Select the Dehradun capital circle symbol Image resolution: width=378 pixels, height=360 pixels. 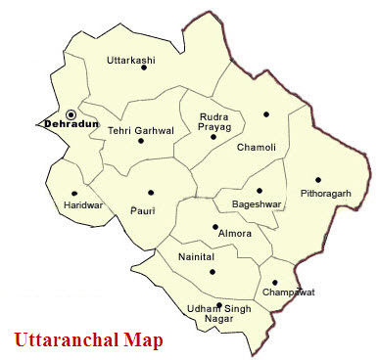pyautogui.click(x=71, y=114)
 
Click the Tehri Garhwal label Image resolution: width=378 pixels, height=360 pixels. pyautogui.click(x=140, y=129)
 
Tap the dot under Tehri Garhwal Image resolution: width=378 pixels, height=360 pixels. pyautogui.click(x=141, y=141)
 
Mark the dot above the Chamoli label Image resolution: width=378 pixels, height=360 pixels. pyautogui.click(x=265, y=114)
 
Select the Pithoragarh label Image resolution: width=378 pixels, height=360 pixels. pyautogui.click(x=324, y=193)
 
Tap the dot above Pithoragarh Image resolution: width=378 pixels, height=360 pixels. pyautogui.click(x=317, y=179)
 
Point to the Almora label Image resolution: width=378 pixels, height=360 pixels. pyautogui.click(x=231, y=234)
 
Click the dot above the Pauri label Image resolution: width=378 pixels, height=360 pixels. pyautogui.click(x=150, y=193)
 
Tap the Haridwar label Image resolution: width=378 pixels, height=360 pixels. pyautogui.click(x=79, y=205)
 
